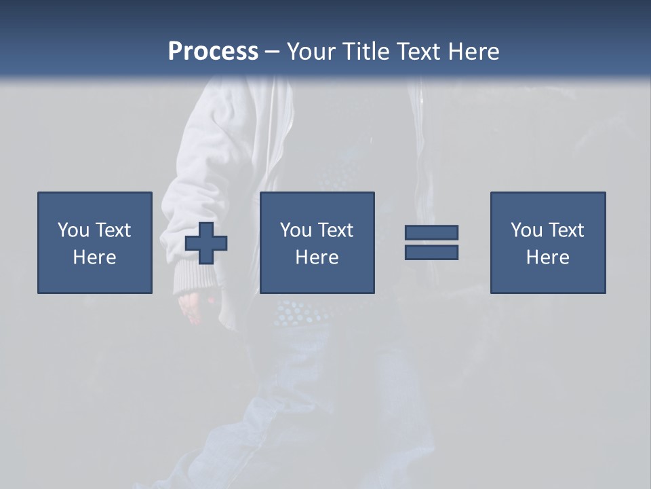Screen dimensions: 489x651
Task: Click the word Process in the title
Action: click(213, 51)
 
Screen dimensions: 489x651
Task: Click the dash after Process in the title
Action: click(273, 52)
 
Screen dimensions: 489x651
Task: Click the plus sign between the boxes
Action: click(206, 243)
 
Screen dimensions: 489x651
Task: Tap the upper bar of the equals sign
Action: click(431, 232)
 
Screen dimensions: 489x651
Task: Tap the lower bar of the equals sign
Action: click(431, 252)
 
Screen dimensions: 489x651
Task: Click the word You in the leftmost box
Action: click(73, 230)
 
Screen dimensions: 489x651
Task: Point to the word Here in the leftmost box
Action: click(94, 257)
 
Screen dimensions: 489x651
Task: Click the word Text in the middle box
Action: click(336, 230)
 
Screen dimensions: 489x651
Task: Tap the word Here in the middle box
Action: click(317, 257)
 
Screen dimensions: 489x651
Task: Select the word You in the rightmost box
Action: click(526, 230)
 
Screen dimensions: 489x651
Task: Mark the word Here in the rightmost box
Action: click(547, 257)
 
